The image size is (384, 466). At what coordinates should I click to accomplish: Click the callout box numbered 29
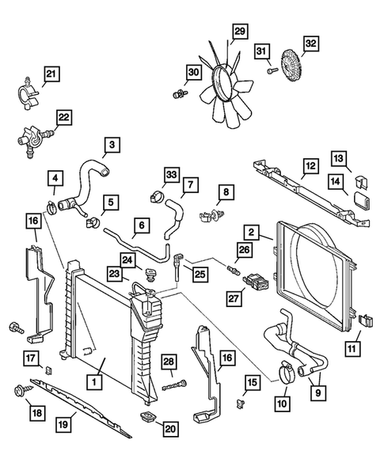point(240,31)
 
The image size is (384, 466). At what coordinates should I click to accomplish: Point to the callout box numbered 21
point(51,75)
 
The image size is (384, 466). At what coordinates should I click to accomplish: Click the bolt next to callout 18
point(19,391)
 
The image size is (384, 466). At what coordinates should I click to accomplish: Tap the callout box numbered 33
point(170,175)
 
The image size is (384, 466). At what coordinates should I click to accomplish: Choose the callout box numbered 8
point(226,191)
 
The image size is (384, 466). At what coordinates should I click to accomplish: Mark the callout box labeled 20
point(171,428)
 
